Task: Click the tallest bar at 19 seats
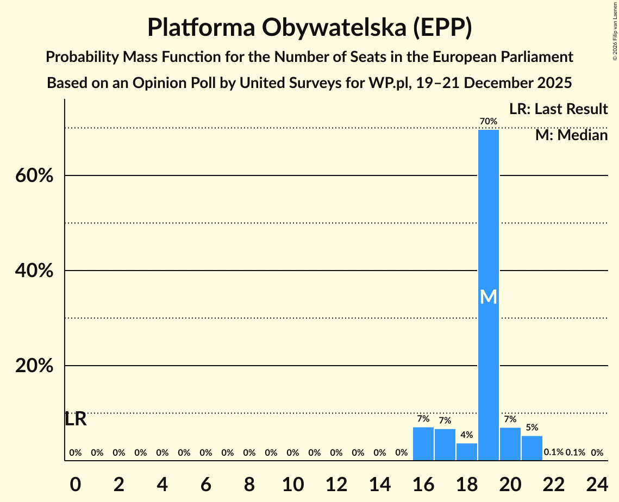click(x=488, y=244)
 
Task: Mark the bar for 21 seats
click(x=532, y=448)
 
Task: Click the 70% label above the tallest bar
click(x=488, y=121)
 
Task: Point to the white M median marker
click(x=489, y=297)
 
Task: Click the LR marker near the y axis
click(x=76, y=419)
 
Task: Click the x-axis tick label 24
click(x=597, y=483)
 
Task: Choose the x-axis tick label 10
click(x=293, y=483)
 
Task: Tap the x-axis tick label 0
click(x=76, y=483)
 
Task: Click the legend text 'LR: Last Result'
click(x=558, y=109)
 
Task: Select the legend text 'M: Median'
click(x=571, y=135)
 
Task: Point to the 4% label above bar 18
click(x=467, y=435)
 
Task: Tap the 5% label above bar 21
click(x=532, y=428)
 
